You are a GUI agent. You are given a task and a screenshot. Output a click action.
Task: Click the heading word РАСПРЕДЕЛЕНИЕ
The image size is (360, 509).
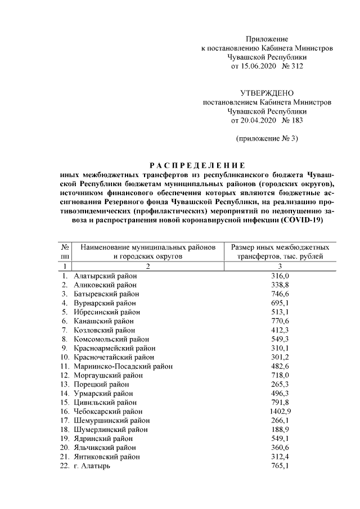[x=196, y=166]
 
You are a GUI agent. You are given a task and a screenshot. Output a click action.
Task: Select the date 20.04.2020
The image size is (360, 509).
[x=251, y=121]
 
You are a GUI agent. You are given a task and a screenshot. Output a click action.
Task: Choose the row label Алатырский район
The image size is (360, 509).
[x=105, y=276]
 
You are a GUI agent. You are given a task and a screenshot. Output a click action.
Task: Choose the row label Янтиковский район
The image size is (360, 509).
[x=107, y=457]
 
